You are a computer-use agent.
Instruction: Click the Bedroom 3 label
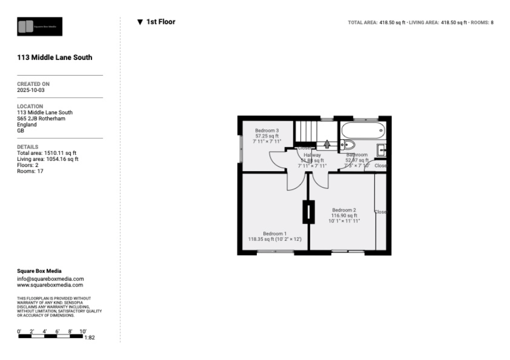click(x=267, y=131)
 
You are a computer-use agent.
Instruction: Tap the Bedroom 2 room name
click(x=344, y=210)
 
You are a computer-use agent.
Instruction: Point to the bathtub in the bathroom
click(x=362, y=130)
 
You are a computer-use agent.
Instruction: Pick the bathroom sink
click(x=382, y=150)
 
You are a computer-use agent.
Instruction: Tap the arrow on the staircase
click(x=327, y=144)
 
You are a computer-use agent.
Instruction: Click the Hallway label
click(x=312, y=155)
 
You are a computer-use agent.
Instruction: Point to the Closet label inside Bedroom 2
click(x=380, y=212)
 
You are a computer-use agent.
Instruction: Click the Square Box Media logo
click(x=40, y=26)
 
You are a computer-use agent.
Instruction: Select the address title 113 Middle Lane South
click(x=54, y=58)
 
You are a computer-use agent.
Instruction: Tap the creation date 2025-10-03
click(x=31, y=90)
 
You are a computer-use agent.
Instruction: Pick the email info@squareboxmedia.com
click(x=51, y=279)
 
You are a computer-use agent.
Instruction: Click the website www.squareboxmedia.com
click(x=50, y=285)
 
